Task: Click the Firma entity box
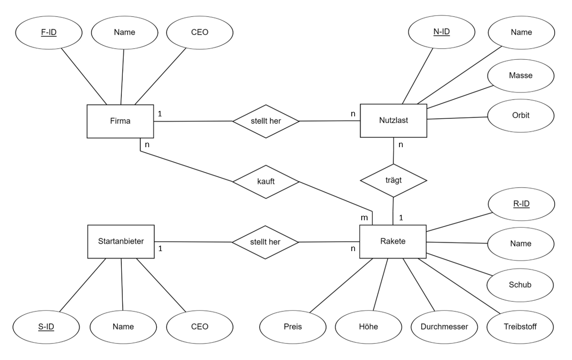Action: point(120,121)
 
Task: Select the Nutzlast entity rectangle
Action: point(393,120)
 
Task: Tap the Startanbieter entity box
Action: point(121,242)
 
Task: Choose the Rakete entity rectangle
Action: point(393,242)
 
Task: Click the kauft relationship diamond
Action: point(266,181)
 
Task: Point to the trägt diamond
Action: point(393,180)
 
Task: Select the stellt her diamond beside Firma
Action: point(266,121)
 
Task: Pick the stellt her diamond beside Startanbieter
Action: point(265,242)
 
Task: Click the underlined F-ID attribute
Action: point(49,32)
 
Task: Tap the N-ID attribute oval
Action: point(441,32)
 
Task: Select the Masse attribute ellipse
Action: point(521,76)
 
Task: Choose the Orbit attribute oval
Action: point(521,115)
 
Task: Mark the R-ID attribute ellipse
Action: point(521,204)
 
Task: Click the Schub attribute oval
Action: point(520,285)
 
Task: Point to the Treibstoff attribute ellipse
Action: point(520,327)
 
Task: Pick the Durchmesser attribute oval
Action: point(444,327)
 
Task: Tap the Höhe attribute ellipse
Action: point(369,327)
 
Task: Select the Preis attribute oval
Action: point(292,327)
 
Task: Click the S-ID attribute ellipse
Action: point(46,327)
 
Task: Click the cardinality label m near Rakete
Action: point(364,218)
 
